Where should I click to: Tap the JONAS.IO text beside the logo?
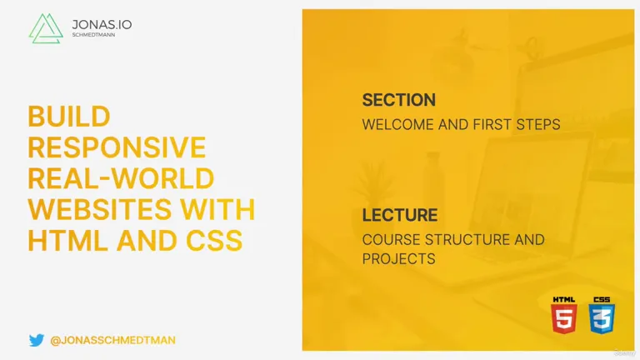(102, 24)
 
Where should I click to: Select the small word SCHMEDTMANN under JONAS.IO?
(93, 35)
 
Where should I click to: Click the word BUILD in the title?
(69, 117)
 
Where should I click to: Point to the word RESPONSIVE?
(117, 147)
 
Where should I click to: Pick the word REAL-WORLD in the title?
(121, 178)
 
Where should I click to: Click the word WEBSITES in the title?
(100, 209)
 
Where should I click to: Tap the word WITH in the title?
(217, 209)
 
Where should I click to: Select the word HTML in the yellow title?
(67, 240)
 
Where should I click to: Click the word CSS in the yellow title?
(214, 240)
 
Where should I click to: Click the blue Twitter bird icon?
(37, 340)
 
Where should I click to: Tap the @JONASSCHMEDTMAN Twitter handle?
(112, 340)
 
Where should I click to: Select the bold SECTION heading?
(399, 100)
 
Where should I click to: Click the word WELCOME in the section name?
(398, 124)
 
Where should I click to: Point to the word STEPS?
(538, 124)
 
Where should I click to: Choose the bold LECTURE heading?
(400, 215)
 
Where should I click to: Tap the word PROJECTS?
(399, 259)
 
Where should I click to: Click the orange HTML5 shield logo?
(564, 315)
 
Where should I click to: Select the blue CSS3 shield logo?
(602, 315)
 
